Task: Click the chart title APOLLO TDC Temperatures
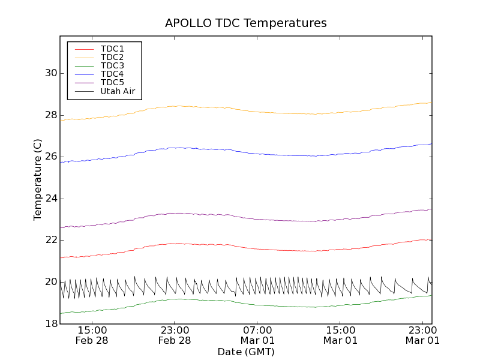point(246,23)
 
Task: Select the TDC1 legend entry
point(112,49)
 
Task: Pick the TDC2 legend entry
point(112,57)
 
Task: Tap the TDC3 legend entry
point(112,65)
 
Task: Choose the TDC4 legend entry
point(112,74)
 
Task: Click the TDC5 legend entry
point(112,82)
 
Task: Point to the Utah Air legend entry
point(118,91)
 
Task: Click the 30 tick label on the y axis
point(50,73)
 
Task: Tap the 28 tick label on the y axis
point(50,115)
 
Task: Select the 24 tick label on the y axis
point(50,198)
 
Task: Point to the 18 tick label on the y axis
point(50,323)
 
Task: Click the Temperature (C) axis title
point(38,179)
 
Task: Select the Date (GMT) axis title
point(246,352)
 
